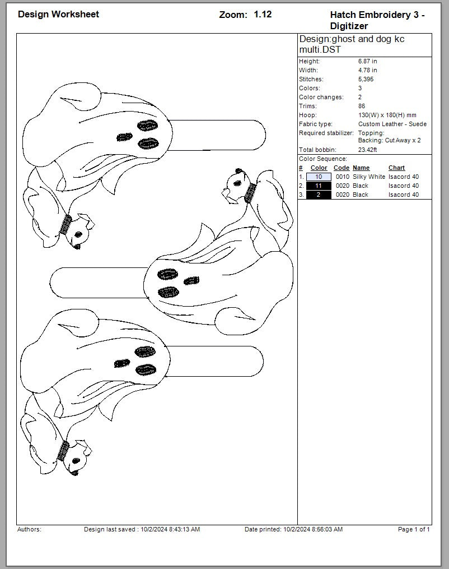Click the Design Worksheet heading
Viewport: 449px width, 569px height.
(58, 14)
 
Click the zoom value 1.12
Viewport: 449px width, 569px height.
(263, 15)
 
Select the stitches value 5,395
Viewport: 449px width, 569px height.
(366, 79)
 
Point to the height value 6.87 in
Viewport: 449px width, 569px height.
(367, 61)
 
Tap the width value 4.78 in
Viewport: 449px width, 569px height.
(367, 70)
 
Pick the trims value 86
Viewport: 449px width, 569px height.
(362, 106)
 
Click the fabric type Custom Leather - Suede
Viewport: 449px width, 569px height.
(392, 124)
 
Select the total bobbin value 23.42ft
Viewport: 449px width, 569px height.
(367, 150)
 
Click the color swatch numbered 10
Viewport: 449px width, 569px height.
(319, 177)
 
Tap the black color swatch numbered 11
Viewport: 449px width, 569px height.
(319, 186)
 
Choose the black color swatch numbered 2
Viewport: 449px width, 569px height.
(319, 195)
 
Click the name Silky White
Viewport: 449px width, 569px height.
(368, 177)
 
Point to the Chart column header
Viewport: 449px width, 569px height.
(396, 168)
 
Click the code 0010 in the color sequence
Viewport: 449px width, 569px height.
(343, 177)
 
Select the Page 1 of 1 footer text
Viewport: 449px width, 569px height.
(414, 529)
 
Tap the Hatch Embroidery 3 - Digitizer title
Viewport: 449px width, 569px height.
(377, 20)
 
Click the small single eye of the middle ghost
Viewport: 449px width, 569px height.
(191, 281)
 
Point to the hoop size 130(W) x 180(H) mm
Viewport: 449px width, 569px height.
(387, 115)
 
